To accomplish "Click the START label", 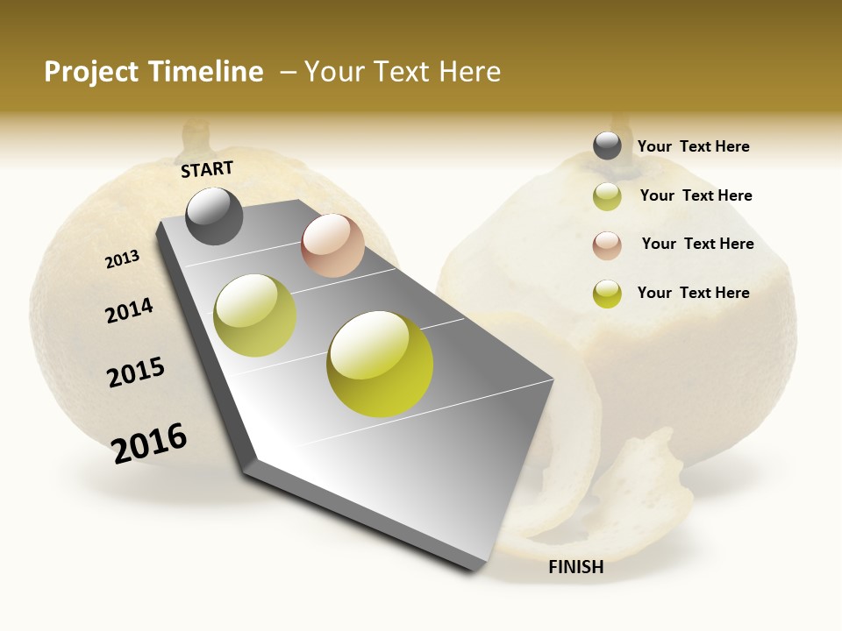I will [x=207, y=169].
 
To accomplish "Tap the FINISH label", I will [x=575, y=567].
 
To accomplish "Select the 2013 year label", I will [x=122, y=259].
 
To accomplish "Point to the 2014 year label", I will [x=129, y=310].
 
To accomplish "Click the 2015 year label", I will [x=136, y=372].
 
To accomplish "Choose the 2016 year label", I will [x=149, y=443].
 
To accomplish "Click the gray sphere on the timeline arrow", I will [x=214, y=216].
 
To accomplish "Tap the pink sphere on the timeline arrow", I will [x=332, y=245].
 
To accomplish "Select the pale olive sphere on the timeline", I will [x=254, y=315].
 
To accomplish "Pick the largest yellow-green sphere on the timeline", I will [x=380, y=364].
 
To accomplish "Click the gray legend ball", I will [x=607, y=145].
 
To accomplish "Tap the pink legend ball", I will [x=607, y=245].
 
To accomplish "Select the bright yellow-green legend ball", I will [x=607, y=294].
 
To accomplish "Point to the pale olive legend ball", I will [x=607, y=196].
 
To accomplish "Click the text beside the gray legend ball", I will [x=693, y=146].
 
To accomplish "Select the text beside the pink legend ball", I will [x=697, y=244].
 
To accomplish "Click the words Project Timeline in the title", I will [x=153, y=72].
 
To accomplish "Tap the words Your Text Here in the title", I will [x=402, y=72].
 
